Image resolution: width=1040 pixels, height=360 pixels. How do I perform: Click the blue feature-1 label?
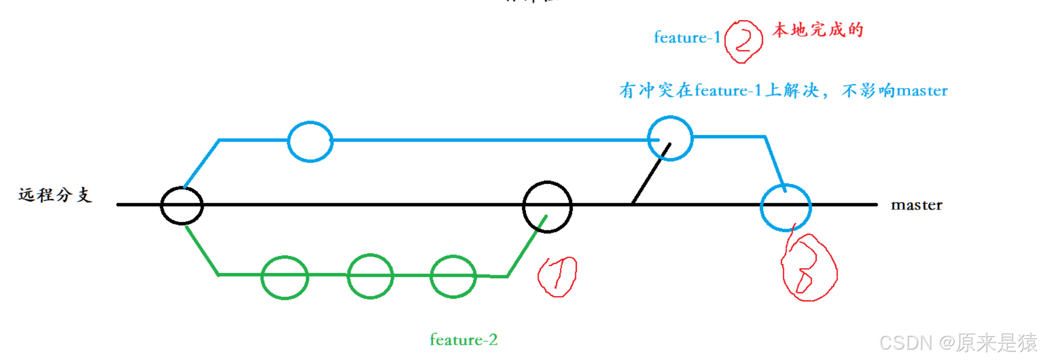tap(687, 37)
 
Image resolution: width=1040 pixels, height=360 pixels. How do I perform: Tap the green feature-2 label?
tap(464, 340)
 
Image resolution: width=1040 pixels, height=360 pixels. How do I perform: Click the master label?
tap(916, 205)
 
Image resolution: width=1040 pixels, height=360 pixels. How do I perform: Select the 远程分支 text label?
tap(55, 195)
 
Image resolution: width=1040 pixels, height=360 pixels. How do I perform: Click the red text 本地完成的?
tap(818, 30)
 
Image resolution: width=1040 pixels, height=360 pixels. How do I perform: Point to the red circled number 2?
tap(743, 42)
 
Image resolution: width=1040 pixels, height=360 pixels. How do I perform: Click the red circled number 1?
tap(557, 276)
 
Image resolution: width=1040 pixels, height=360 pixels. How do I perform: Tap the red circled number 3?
tap(808, 268)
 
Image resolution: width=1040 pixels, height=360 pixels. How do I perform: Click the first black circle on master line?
tap(182, 205)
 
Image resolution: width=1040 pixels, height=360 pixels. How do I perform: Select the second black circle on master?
tap(547, 206)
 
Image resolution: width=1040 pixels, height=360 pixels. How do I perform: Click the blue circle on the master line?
tap(785, 207)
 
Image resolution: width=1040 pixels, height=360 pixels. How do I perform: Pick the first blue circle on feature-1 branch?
tap(310, 141)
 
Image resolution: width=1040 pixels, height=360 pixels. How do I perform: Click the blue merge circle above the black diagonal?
tap(670, 138)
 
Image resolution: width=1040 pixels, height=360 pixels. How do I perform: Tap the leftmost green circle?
tap(285, 277)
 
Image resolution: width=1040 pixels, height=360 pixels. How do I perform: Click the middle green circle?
tap(371, 276)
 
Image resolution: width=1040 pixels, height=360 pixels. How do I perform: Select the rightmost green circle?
tap(453, 276)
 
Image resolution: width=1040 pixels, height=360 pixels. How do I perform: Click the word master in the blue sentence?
tap(922, 91)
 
